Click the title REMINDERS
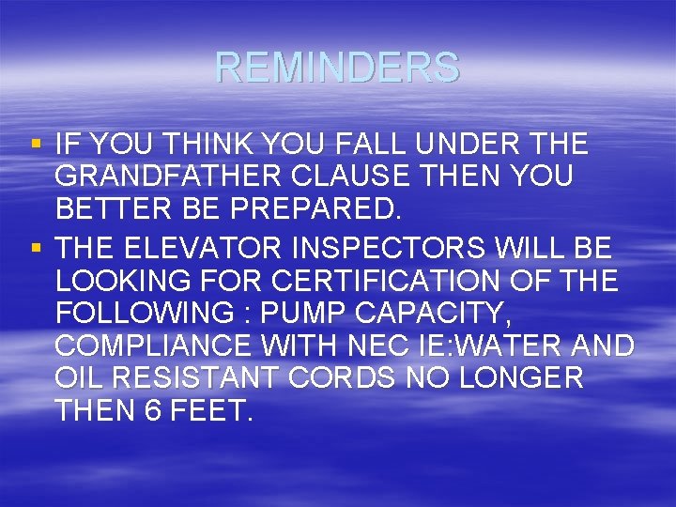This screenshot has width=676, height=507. (337, 68)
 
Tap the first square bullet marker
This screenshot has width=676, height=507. (37, 145)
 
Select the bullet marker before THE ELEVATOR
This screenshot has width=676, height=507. (37, 249)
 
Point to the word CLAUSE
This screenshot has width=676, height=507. (320, 177)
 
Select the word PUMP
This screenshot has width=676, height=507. (300, 314)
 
